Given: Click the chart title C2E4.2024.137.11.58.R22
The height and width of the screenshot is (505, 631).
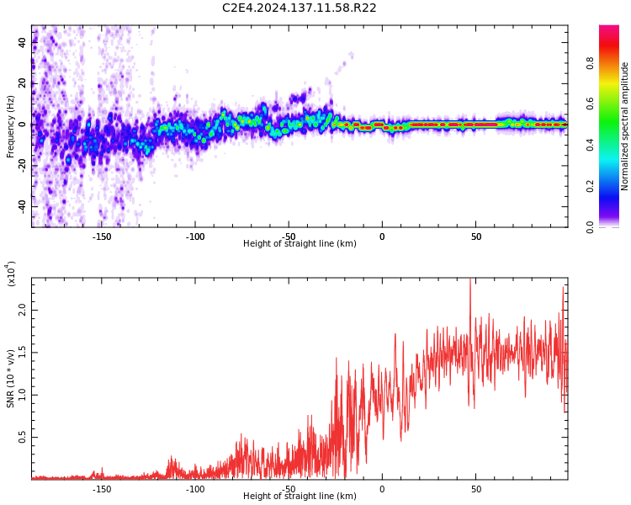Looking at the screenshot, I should point(299,8).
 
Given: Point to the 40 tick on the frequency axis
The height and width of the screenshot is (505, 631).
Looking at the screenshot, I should point(23,43).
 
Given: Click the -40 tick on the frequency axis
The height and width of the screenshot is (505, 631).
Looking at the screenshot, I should point(23,205).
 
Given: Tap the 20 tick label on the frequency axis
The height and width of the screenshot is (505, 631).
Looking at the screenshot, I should point(23,83).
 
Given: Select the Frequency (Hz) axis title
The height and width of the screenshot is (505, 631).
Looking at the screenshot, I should point(11,126).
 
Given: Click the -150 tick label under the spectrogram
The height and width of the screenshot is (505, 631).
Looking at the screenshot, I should point(102,237).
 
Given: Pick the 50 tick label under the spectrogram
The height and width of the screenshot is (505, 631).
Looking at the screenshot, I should point(475,237).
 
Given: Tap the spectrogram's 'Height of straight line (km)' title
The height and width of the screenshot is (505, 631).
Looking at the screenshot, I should point(300,244).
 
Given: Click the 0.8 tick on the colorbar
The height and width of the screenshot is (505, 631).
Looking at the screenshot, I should point(613,63).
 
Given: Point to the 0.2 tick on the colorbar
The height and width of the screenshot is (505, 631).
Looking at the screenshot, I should point(613,186).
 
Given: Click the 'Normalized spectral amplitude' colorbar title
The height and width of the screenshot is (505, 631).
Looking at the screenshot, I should point(625,126).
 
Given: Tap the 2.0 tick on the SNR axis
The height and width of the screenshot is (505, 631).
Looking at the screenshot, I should point(23,309).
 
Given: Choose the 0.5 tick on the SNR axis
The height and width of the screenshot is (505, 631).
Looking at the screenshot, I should point(23,438).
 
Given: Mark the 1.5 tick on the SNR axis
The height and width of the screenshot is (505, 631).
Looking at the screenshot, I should point(23,352).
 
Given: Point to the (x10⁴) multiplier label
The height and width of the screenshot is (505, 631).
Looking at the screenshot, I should point(12,274).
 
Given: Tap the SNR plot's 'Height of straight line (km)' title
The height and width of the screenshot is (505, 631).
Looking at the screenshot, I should point(300,497).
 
